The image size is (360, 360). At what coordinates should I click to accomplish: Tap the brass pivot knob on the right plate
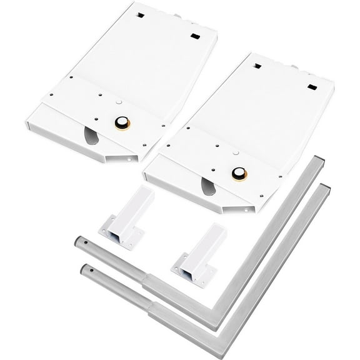239,174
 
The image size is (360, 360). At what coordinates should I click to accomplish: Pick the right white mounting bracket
197,254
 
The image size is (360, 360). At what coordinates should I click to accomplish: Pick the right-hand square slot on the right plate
311,86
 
